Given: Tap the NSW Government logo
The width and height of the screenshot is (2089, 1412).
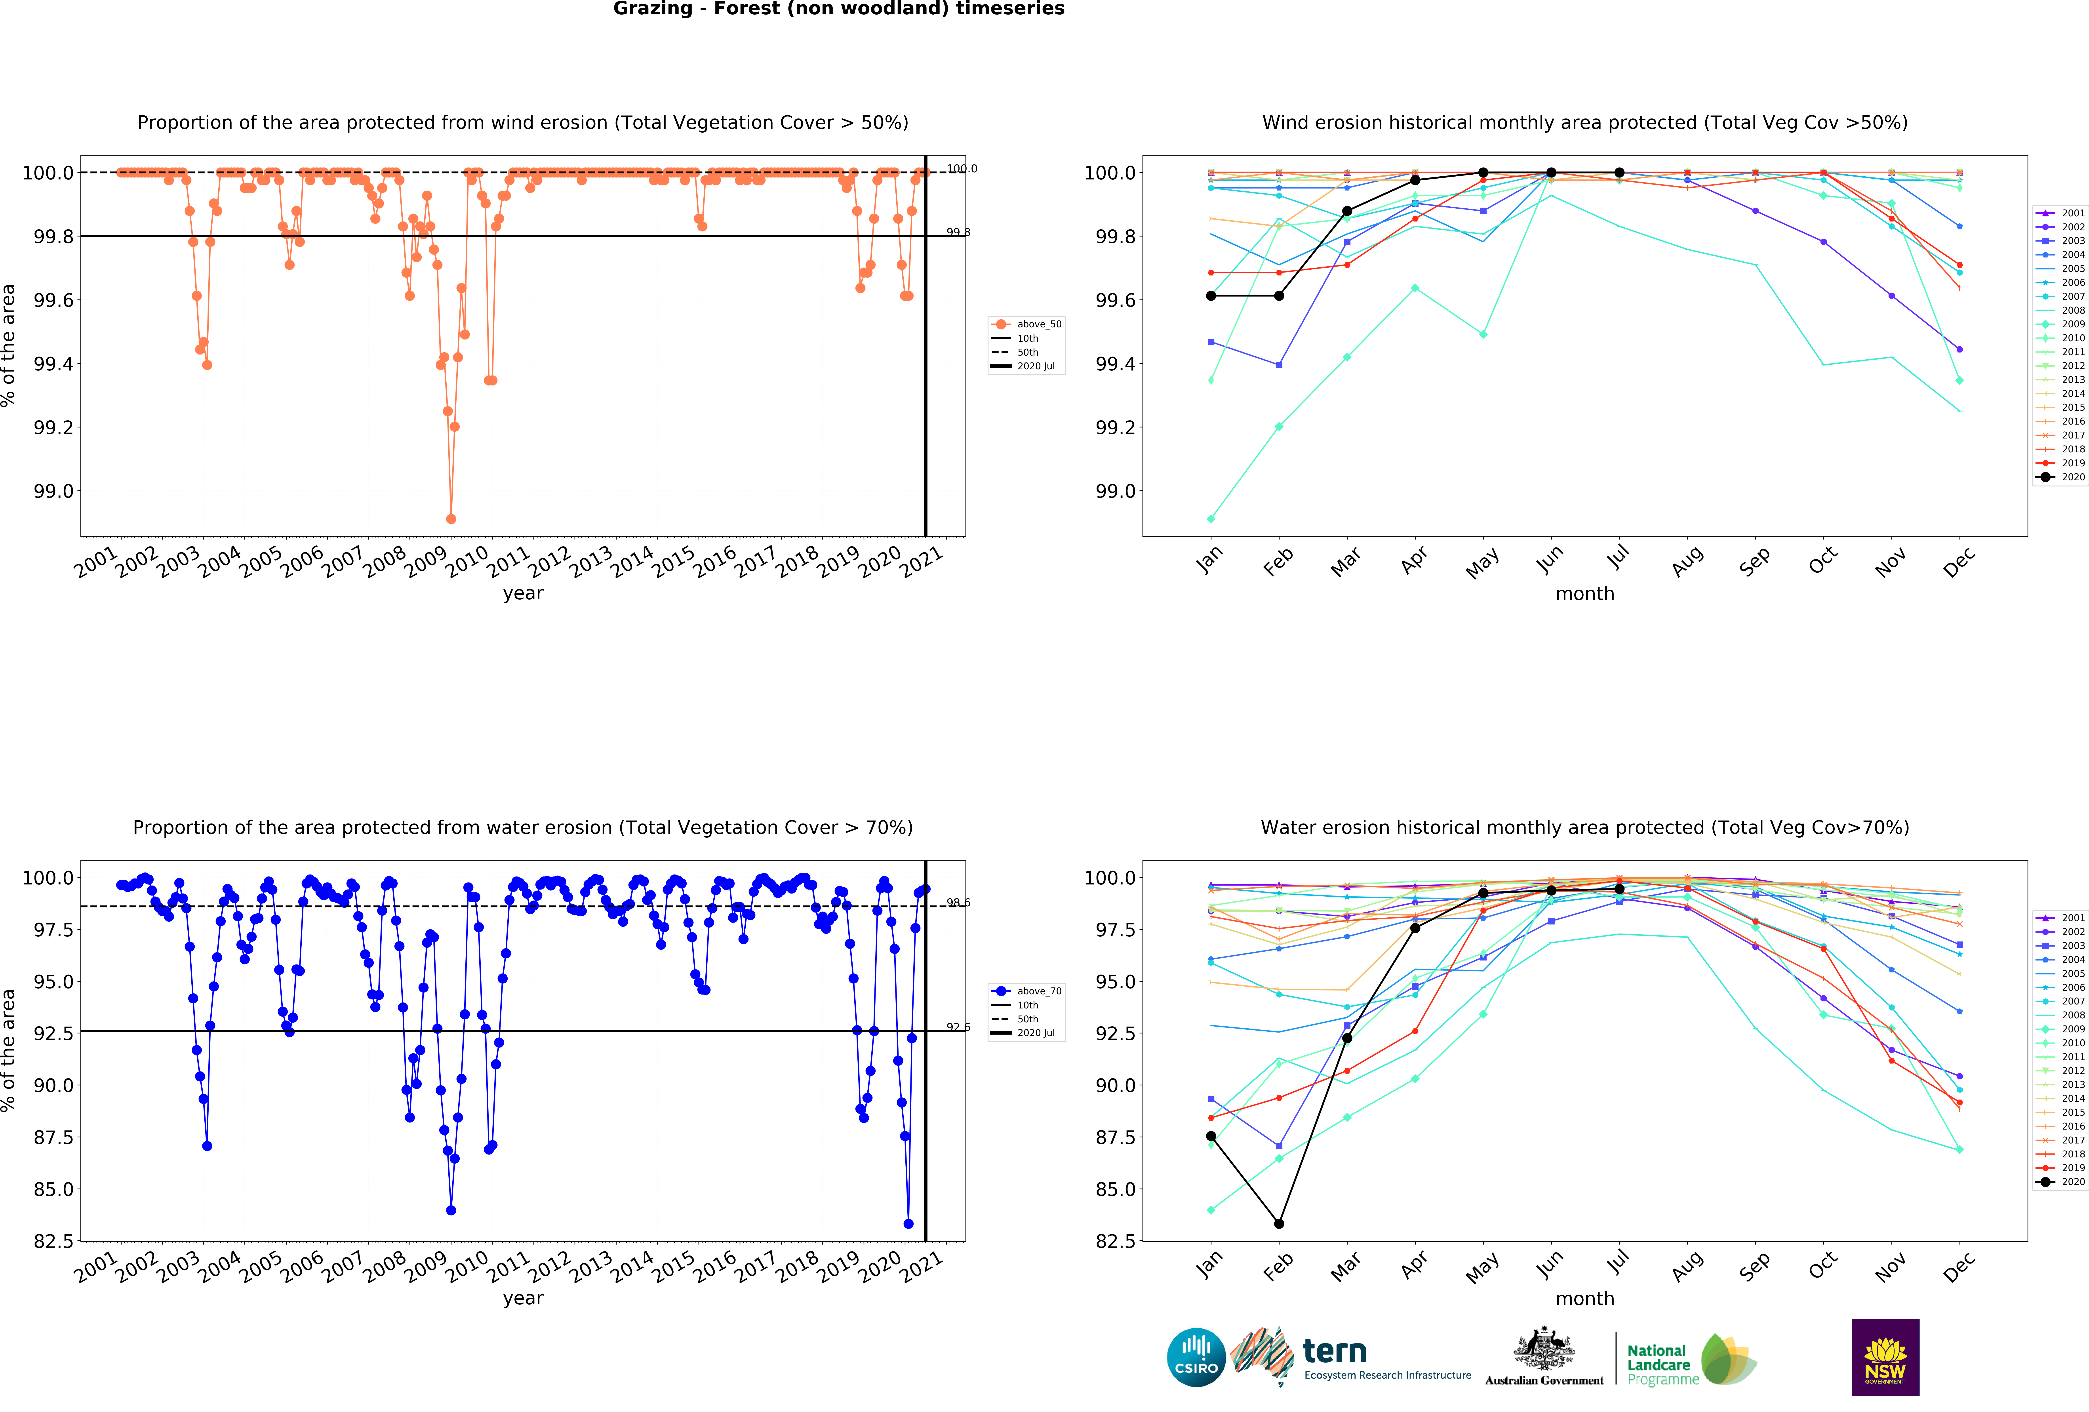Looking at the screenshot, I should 1885,1357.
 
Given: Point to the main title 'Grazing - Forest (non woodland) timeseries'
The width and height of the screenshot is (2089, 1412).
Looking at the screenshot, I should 839,9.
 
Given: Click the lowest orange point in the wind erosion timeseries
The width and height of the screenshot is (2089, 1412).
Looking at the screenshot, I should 451,519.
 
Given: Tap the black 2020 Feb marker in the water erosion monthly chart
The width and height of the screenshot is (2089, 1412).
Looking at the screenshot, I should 1279,1223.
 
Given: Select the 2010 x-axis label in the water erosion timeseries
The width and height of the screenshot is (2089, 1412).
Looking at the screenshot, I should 467,1267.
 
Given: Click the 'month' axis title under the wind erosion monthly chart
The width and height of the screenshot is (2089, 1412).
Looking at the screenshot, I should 1585,594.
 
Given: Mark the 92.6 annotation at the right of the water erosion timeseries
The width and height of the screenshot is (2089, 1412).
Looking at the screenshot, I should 958,1027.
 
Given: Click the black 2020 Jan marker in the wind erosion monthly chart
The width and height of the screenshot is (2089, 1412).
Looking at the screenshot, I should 1211,296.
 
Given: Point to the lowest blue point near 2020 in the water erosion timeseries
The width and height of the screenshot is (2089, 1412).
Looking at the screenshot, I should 908,1223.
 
